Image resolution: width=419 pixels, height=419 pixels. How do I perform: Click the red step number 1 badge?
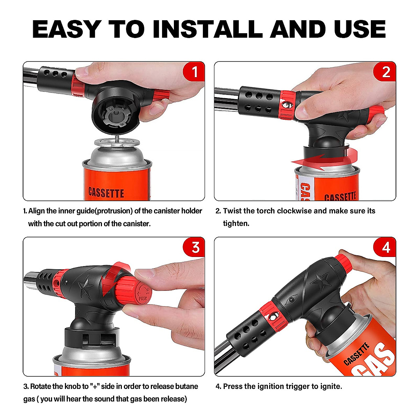(194, 72)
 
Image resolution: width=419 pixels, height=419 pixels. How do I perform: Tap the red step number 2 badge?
(385, 72)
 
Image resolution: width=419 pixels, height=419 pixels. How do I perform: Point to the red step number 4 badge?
(385, 247)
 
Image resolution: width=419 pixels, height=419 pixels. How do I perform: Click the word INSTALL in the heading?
(207, 29)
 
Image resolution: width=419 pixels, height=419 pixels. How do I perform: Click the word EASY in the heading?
(67, 29)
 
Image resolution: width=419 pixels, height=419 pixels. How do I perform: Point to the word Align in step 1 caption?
(36, 211)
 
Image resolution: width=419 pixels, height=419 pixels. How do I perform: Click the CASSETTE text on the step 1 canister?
(106, 193)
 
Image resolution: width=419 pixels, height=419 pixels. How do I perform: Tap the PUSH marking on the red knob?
(143, 298)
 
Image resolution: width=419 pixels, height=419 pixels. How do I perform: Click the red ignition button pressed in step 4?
(344, 264)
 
